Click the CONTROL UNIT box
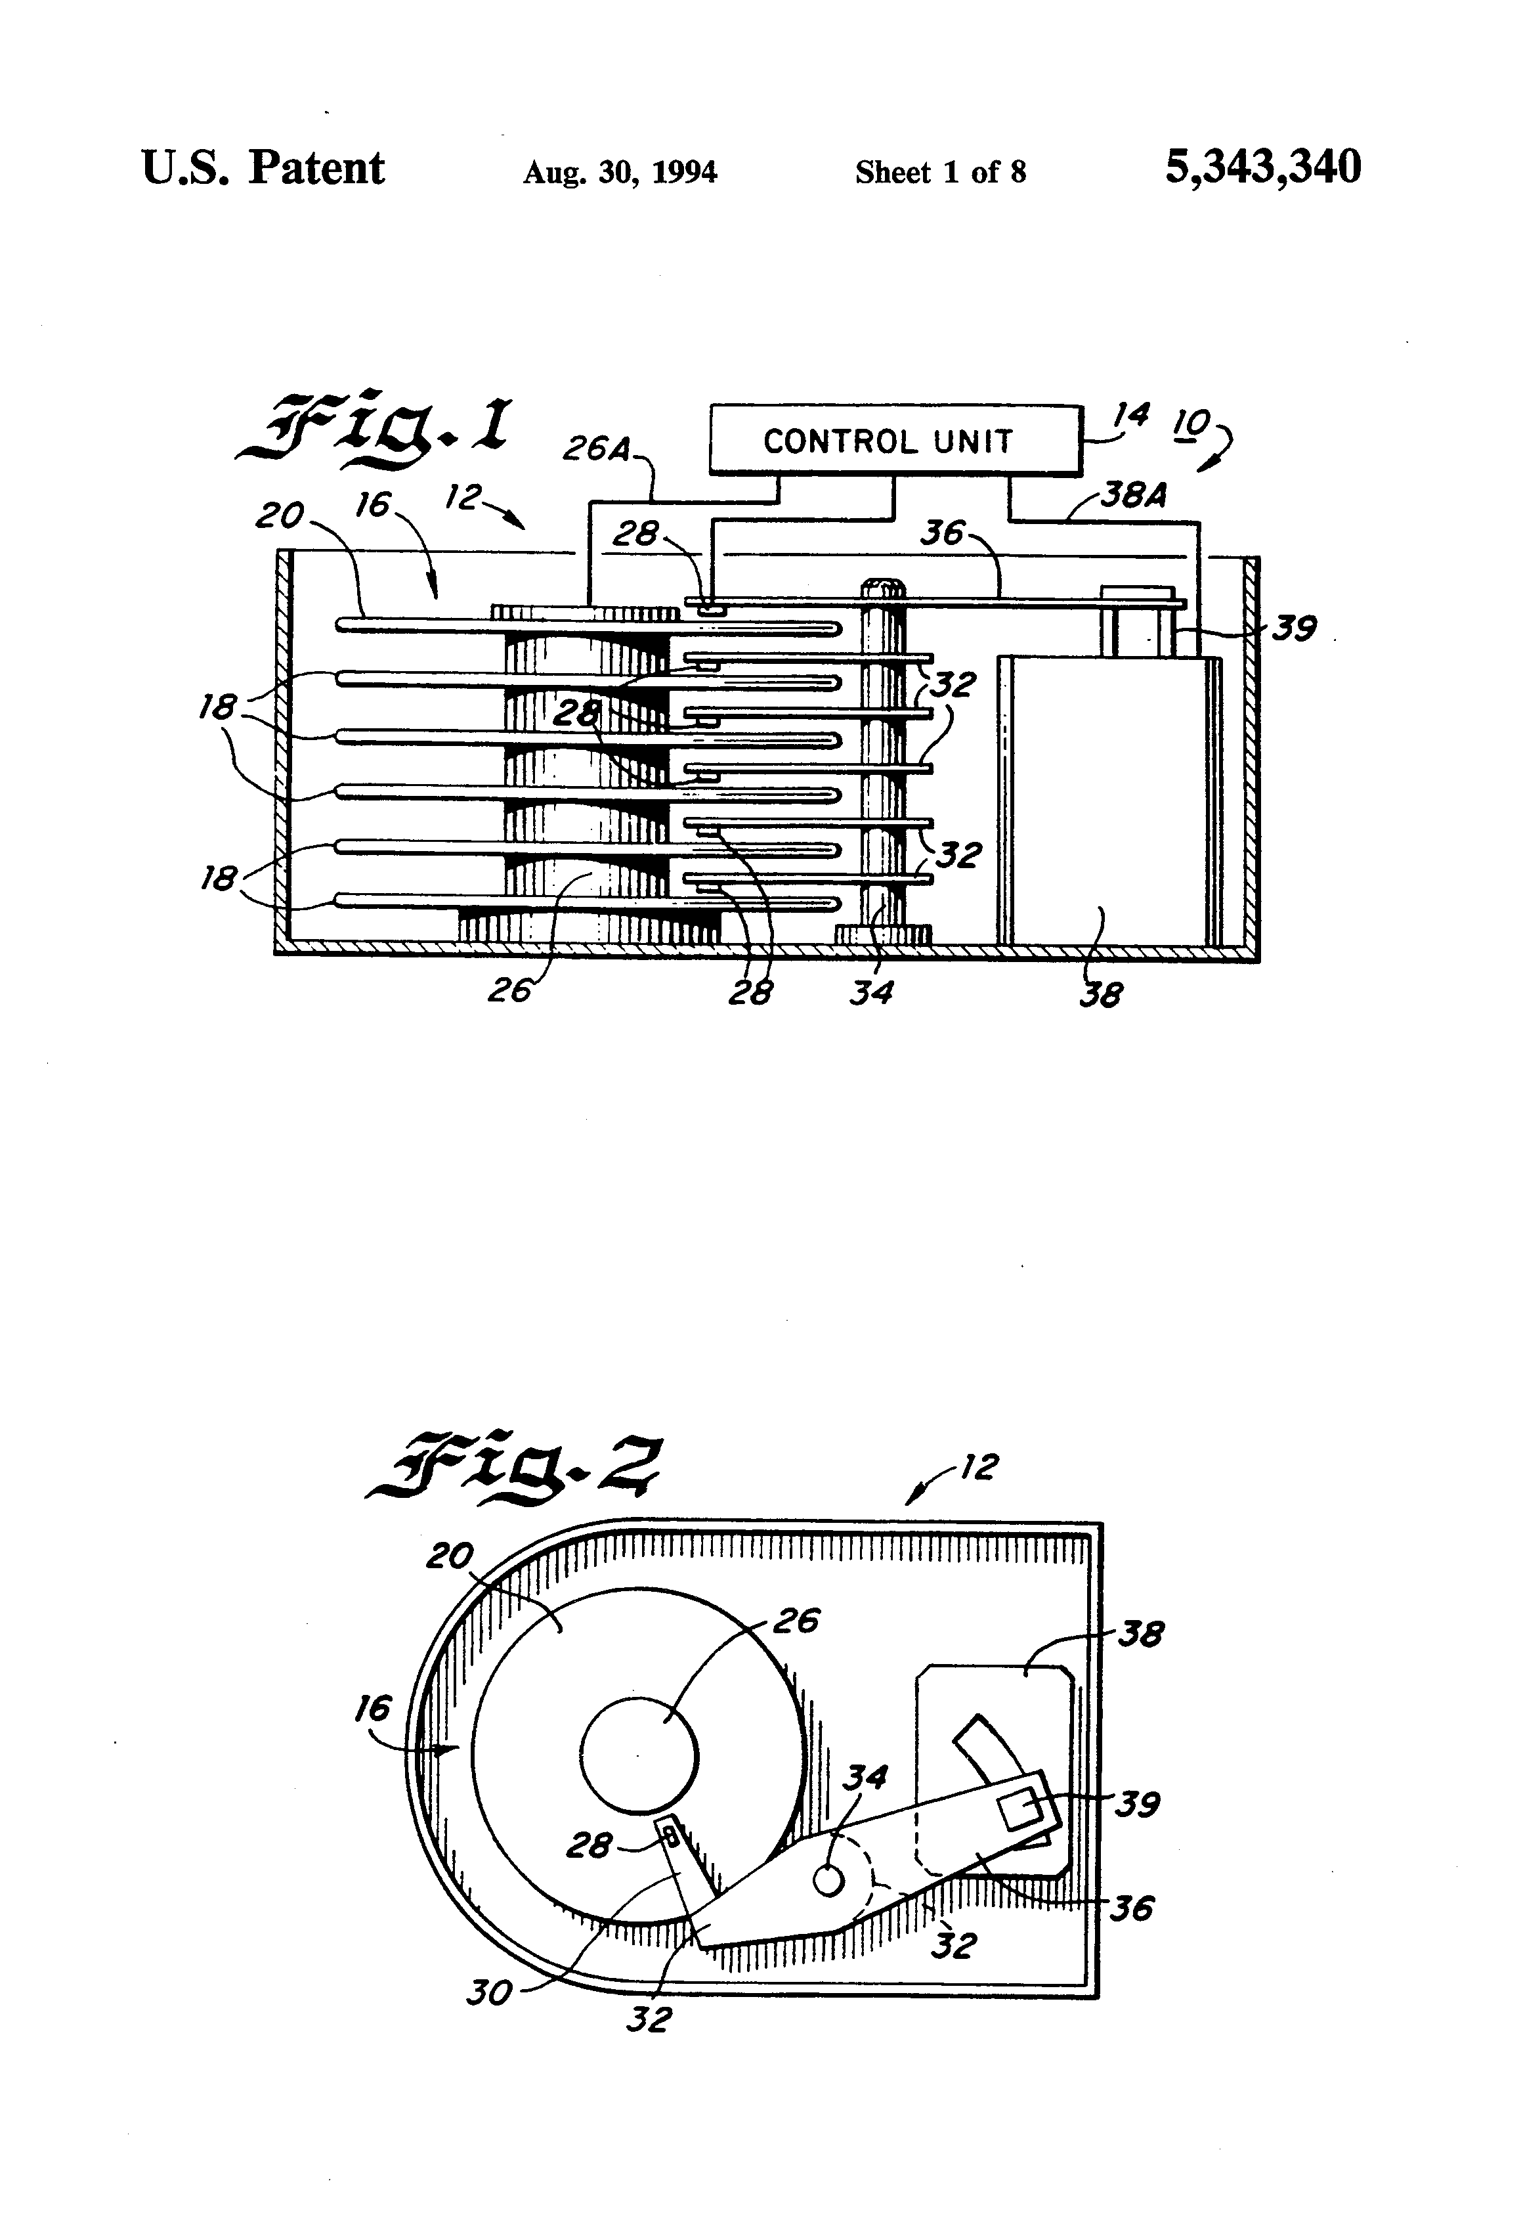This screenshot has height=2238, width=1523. [x=895, y=440]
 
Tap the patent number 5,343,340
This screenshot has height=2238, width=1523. [x=1263, y=167]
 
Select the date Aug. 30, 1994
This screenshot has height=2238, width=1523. [x=620, y=172]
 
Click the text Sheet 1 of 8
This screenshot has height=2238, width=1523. [x=941, y=172]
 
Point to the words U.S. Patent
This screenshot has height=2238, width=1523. [x=263, y=169]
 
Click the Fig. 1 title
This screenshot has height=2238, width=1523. [x=375, y=429]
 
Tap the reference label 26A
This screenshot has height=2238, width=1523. [x=597, y=448]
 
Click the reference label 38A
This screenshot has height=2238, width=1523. [x=1132, y=495]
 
